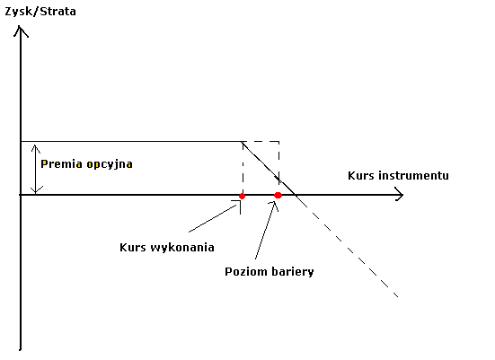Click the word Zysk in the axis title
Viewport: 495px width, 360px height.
coord(18,12)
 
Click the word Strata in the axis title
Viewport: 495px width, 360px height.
coord(58,12)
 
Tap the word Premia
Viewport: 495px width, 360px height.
coord(62,164)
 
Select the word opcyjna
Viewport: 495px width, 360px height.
coord(110,164)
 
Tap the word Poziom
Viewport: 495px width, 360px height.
coord(243,272)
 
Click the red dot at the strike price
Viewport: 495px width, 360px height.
coord(243,197)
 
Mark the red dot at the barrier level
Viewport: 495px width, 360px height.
coord(278,196)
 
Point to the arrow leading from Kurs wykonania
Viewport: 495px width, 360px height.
coord(215,217)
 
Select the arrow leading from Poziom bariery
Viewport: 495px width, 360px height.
coord(266,230)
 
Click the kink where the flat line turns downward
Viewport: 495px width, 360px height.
coord(243,142)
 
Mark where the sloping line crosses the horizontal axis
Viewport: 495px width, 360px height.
coord(295,195)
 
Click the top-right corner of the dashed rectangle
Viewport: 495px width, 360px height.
coord(279,142)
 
